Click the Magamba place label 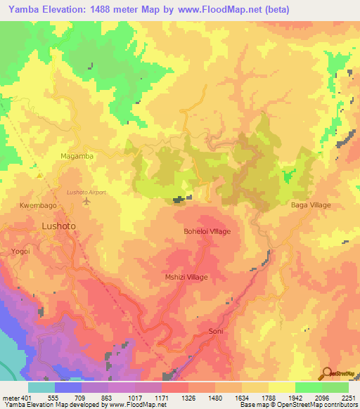(x=77, y=156)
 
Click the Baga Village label (x=310, y=205)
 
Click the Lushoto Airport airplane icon (x=86, y=202)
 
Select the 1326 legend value (x=188, y=397)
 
